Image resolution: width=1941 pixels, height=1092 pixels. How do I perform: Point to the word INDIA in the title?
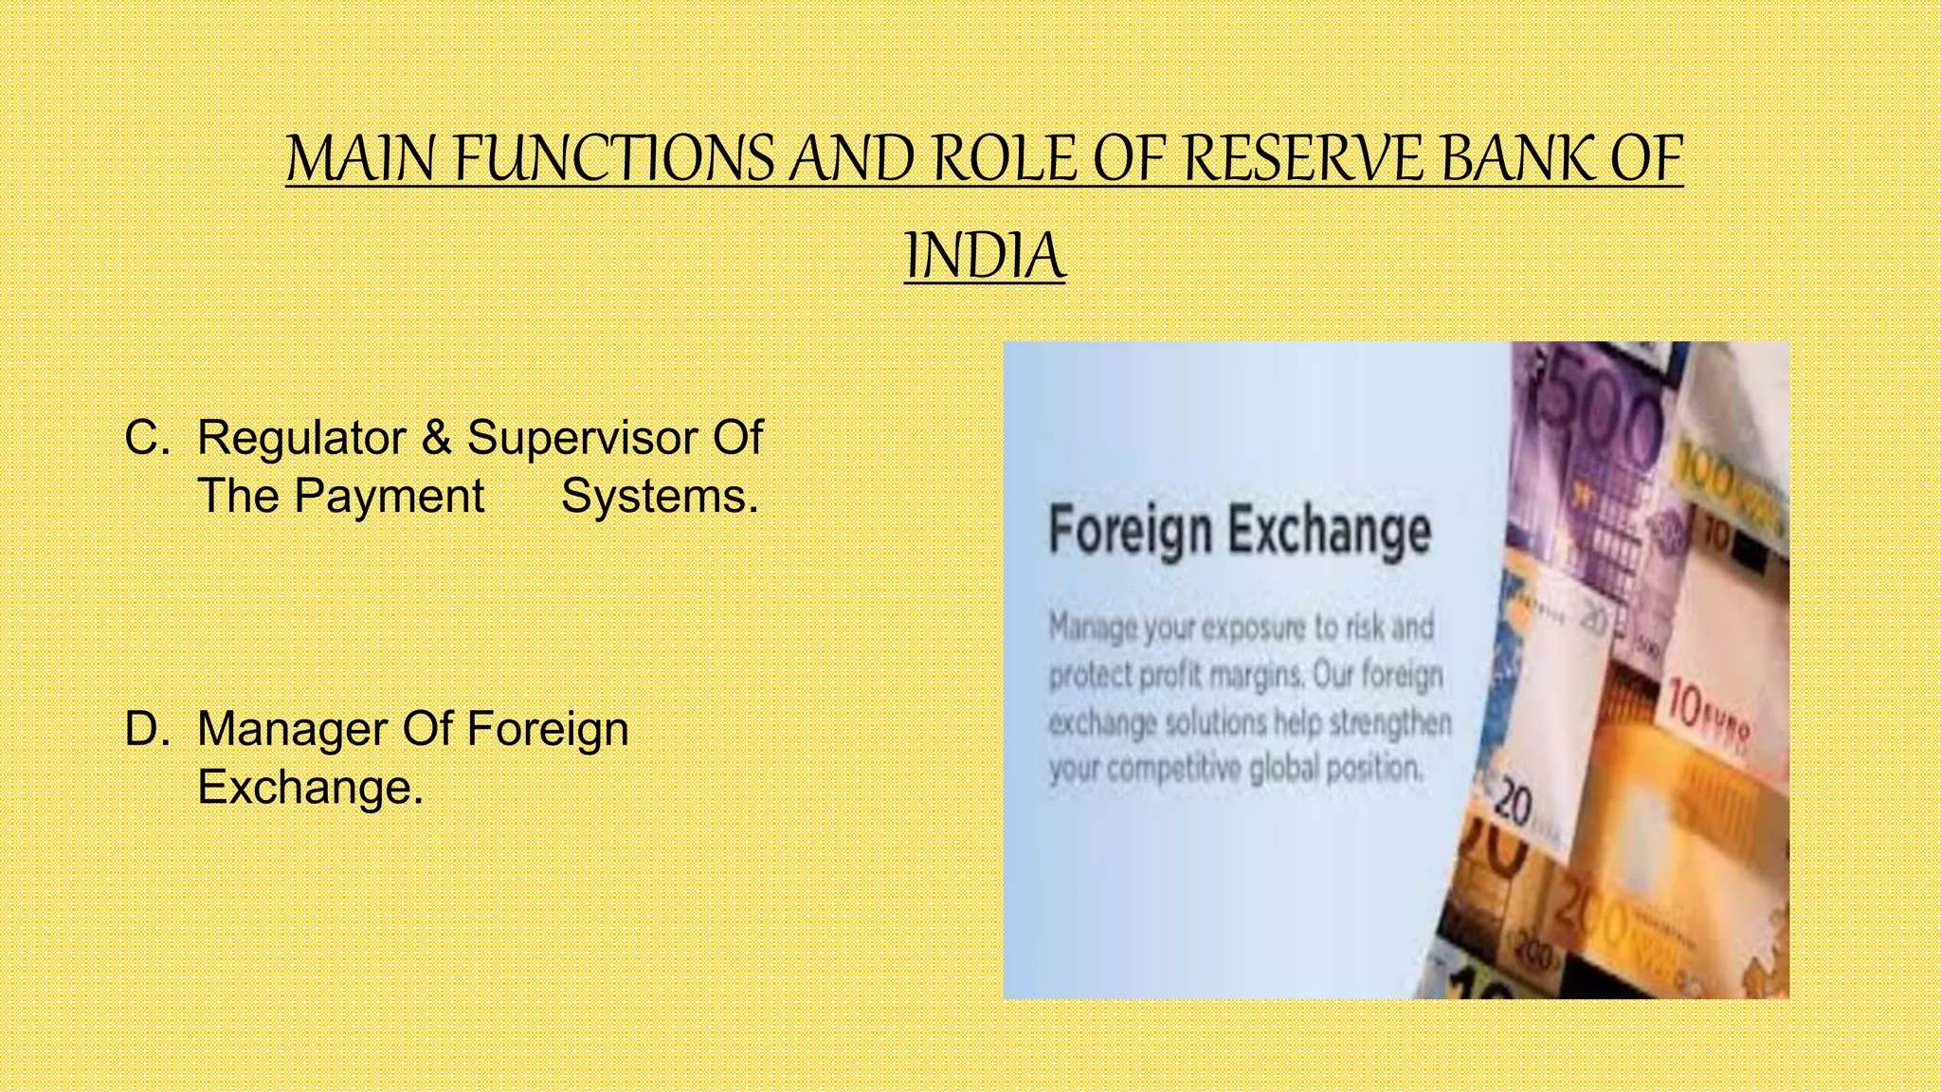985,257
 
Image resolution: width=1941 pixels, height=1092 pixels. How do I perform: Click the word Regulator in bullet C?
301,438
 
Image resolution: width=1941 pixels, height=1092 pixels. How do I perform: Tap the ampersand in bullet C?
436,438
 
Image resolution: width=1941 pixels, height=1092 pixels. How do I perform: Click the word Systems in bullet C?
660,496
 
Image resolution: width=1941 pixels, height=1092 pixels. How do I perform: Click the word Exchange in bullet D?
309,787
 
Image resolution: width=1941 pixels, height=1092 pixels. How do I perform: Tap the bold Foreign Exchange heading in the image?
1240,531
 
